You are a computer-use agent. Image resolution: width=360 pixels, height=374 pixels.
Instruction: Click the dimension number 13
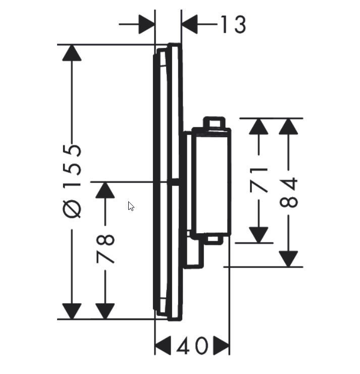233,24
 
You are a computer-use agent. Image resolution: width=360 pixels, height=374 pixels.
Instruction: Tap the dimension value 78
106,248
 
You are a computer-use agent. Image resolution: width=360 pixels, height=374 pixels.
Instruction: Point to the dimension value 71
260,179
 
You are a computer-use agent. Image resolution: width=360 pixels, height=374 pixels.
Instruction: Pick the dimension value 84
289,193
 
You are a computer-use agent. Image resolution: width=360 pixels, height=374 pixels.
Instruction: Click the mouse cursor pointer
131,206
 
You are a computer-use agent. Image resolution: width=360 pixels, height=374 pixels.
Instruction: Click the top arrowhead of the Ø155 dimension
72,53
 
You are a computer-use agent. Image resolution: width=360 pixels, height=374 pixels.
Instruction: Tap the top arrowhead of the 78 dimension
105,190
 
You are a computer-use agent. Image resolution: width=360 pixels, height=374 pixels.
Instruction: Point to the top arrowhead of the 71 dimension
259,127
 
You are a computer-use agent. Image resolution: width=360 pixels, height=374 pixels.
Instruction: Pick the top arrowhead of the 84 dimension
289,127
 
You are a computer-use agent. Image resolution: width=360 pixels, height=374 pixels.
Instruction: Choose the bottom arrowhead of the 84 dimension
289,258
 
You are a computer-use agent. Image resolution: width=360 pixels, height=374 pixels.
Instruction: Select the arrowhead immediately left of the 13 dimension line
146,24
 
